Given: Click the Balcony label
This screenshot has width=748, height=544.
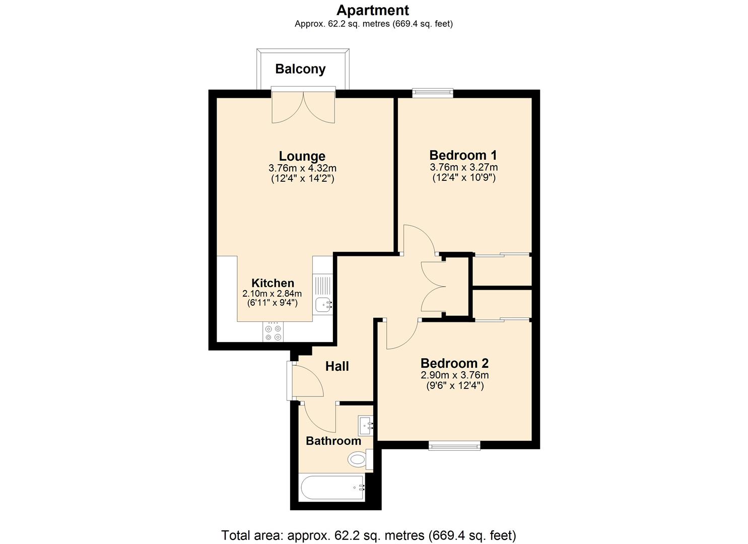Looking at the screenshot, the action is (300, 69).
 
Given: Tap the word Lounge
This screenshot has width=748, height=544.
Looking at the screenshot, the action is (302, 156).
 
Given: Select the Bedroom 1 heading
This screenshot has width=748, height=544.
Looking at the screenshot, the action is (463, 155).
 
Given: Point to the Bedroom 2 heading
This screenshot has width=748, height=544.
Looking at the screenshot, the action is (454, 363).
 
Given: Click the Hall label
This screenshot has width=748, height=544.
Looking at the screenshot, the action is (337, 366).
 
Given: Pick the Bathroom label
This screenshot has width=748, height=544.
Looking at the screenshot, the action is (333, 441).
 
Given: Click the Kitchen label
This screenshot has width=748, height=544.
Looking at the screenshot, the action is (273, 283).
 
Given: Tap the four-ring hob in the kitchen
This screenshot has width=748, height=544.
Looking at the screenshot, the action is (273, 331).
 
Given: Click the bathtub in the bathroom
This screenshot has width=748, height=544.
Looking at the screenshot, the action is (332, 488).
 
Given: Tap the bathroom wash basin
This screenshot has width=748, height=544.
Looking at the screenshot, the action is (366, 426).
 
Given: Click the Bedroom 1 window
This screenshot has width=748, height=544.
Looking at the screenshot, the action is (433, 93).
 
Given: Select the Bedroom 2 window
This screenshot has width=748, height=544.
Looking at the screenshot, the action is (454, 445).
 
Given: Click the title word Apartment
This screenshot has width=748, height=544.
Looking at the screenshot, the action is (373, 10).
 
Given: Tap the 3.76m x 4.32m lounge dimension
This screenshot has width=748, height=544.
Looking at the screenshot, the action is (302, 168).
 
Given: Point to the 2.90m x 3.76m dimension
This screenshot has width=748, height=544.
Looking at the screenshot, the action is (454, 375).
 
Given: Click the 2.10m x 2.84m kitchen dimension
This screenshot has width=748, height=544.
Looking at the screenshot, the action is (272, 294).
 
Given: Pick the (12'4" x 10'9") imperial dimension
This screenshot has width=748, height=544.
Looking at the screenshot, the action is (464, 177).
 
